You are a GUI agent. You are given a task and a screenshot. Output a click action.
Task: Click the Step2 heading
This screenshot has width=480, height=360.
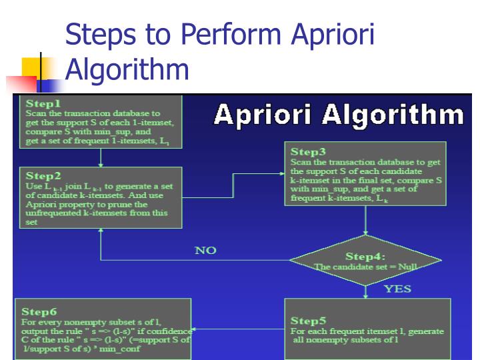tap(43, 176)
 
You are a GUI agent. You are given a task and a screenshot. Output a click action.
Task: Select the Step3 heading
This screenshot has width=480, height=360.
tap(309, 152)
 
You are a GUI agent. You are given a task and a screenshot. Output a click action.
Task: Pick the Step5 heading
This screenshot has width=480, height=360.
tap(308, 321)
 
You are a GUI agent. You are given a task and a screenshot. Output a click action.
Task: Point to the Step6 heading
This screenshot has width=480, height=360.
tap(39, 311)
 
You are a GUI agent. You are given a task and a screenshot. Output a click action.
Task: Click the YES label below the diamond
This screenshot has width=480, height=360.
tap(397, 289)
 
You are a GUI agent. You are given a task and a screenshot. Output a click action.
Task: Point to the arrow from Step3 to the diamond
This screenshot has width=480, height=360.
tap(365, 221)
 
